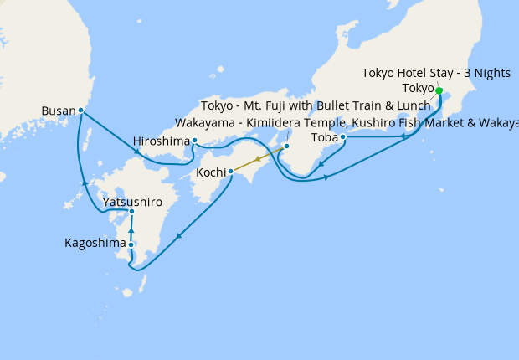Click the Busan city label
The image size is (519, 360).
59,110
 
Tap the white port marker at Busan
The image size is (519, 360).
80,110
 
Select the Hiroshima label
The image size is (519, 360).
162,141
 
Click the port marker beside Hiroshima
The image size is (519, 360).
194,141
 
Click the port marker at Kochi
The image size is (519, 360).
230,172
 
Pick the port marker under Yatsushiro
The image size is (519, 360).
131,212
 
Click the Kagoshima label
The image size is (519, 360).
95,244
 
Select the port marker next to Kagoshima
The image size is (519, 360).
131,244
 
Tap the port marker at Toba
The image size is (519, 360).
343,136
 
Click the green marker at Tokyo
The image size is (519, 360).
439,90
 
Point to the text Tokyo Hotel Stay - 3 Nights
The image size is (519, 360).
435,73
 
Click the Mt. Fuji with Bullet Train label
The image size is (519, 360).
315,106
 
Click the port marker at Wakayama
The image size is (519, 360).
286,147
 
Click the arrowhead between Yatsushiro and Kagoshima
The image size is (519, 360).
131,229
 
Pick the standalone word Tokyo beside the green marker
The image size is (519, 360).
418,88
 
